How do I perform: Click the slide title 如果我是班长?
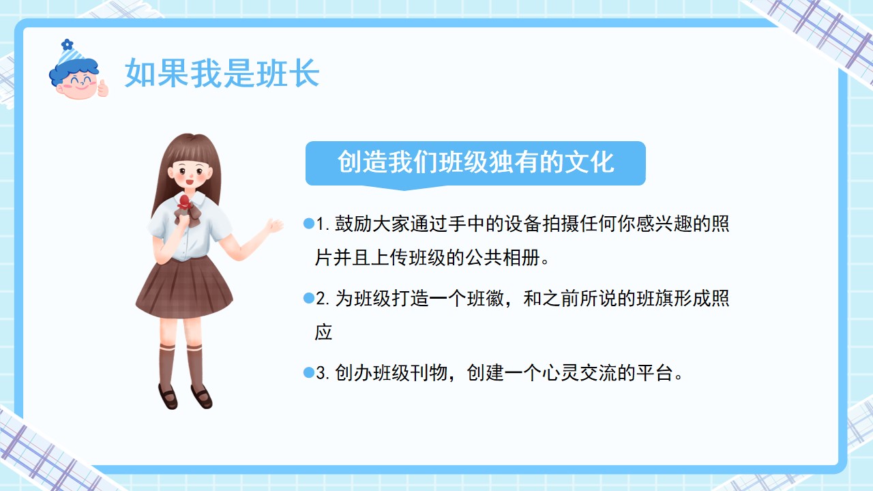[x=222, y=73]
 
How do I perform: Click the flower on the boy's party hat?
[x=68, y=44]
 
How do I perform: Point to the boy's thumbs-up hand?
[x=102, y=89]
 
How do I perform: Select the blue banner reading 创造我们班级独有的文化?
[x=475, y=164]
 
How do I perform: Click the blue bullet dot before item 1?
[x=309, y=223]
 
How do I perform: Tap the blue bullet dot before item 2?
[x=309, y=298]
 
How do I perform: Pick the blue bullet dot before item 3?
[x=309, y=372]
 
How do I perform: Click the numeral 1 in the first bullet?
[x=321, y=224]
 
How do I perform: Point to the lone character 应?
[x=323, y=332]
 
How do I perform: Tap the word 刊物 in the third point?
[x=429, y=373]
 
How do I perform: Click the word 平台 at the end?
[x=654, y=373]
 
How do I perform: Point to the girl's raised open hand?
[x=274, y=226]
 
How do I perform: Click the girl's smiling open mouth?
[x=190, y=181]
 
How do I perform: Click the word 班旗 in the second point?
[x=654, y=299]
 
